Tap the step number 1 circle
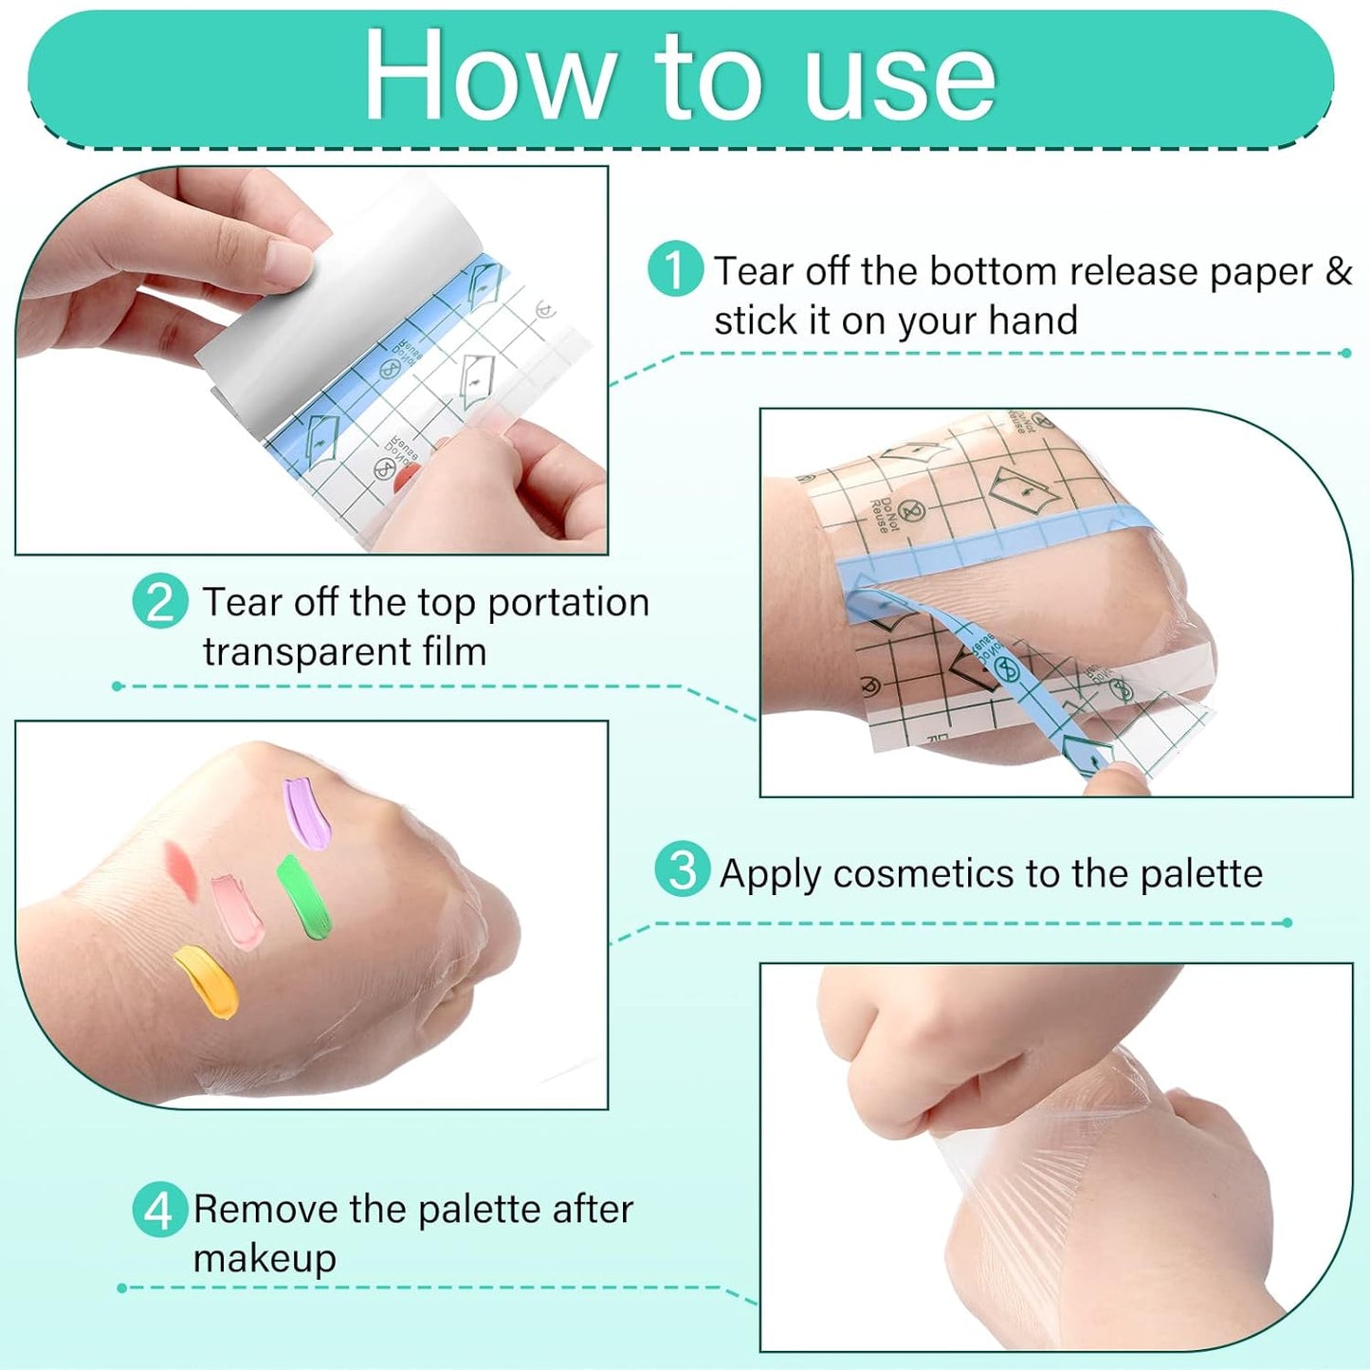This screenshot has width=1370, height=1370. pyautogui.click(x=675, y=269)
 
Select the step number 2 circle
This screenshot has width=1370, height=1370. pyautogui.click(x=159, y=601)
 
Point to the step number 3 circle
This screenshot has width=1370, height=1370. pyautogui.click(x=682, y=869)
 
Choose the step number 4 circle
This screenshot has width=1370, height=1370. pyautogui.click(x=158, y=1209)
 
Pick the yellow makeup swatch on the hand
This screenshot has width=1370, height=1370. pyautogui.click(x=208, y=982)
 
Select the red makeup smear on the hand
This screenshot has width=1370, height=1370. pyautogui.click(x=180, y=868)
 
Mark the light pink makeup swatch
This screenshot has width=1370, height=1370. pyautogui.click(x=238, y=912)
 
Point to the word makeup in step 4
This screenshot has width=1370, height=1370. pyautogui.click(x=265, y=1260)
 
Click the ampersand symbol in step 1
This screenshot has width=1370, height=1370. pyautogui.click(x=1338, y=271)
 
